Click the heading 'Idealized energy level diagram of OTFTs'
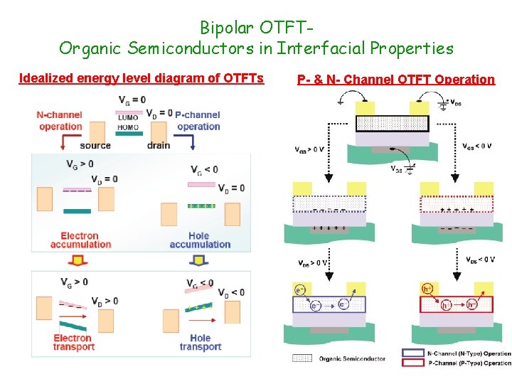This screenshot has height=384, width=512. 141,78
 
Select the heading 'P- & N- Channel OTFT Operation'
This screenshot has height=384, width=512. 395,80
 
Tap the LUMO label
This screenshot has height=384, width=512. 128,118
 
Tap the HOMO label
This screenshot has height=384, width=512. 128,127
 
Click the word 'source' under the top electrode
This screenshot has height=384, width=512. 95,145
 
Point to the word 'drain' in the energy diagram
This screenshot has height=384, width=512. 158,145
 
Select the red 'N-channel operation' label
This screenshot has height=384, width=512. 60,121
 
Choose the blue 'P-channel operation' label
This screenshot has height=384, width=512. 198,121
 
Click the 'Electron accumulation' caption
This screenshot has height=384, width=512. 80,240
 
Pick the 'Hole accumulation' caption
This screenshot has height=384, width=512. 200,240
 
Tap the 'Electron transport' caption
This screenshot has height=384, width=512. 73,342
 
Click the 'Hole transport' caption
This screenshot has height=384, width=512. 201,342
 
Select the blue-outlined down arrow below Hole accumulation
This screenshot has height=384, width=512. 201,260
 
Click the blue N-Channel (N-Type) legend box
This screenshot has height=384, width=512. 412,353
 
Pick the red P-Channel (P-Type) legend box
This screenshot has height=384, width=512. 412,363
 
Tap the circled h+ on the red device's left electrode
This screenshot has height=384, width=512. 428,289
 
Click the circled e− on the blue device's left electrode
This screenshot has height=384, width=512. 300,289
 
